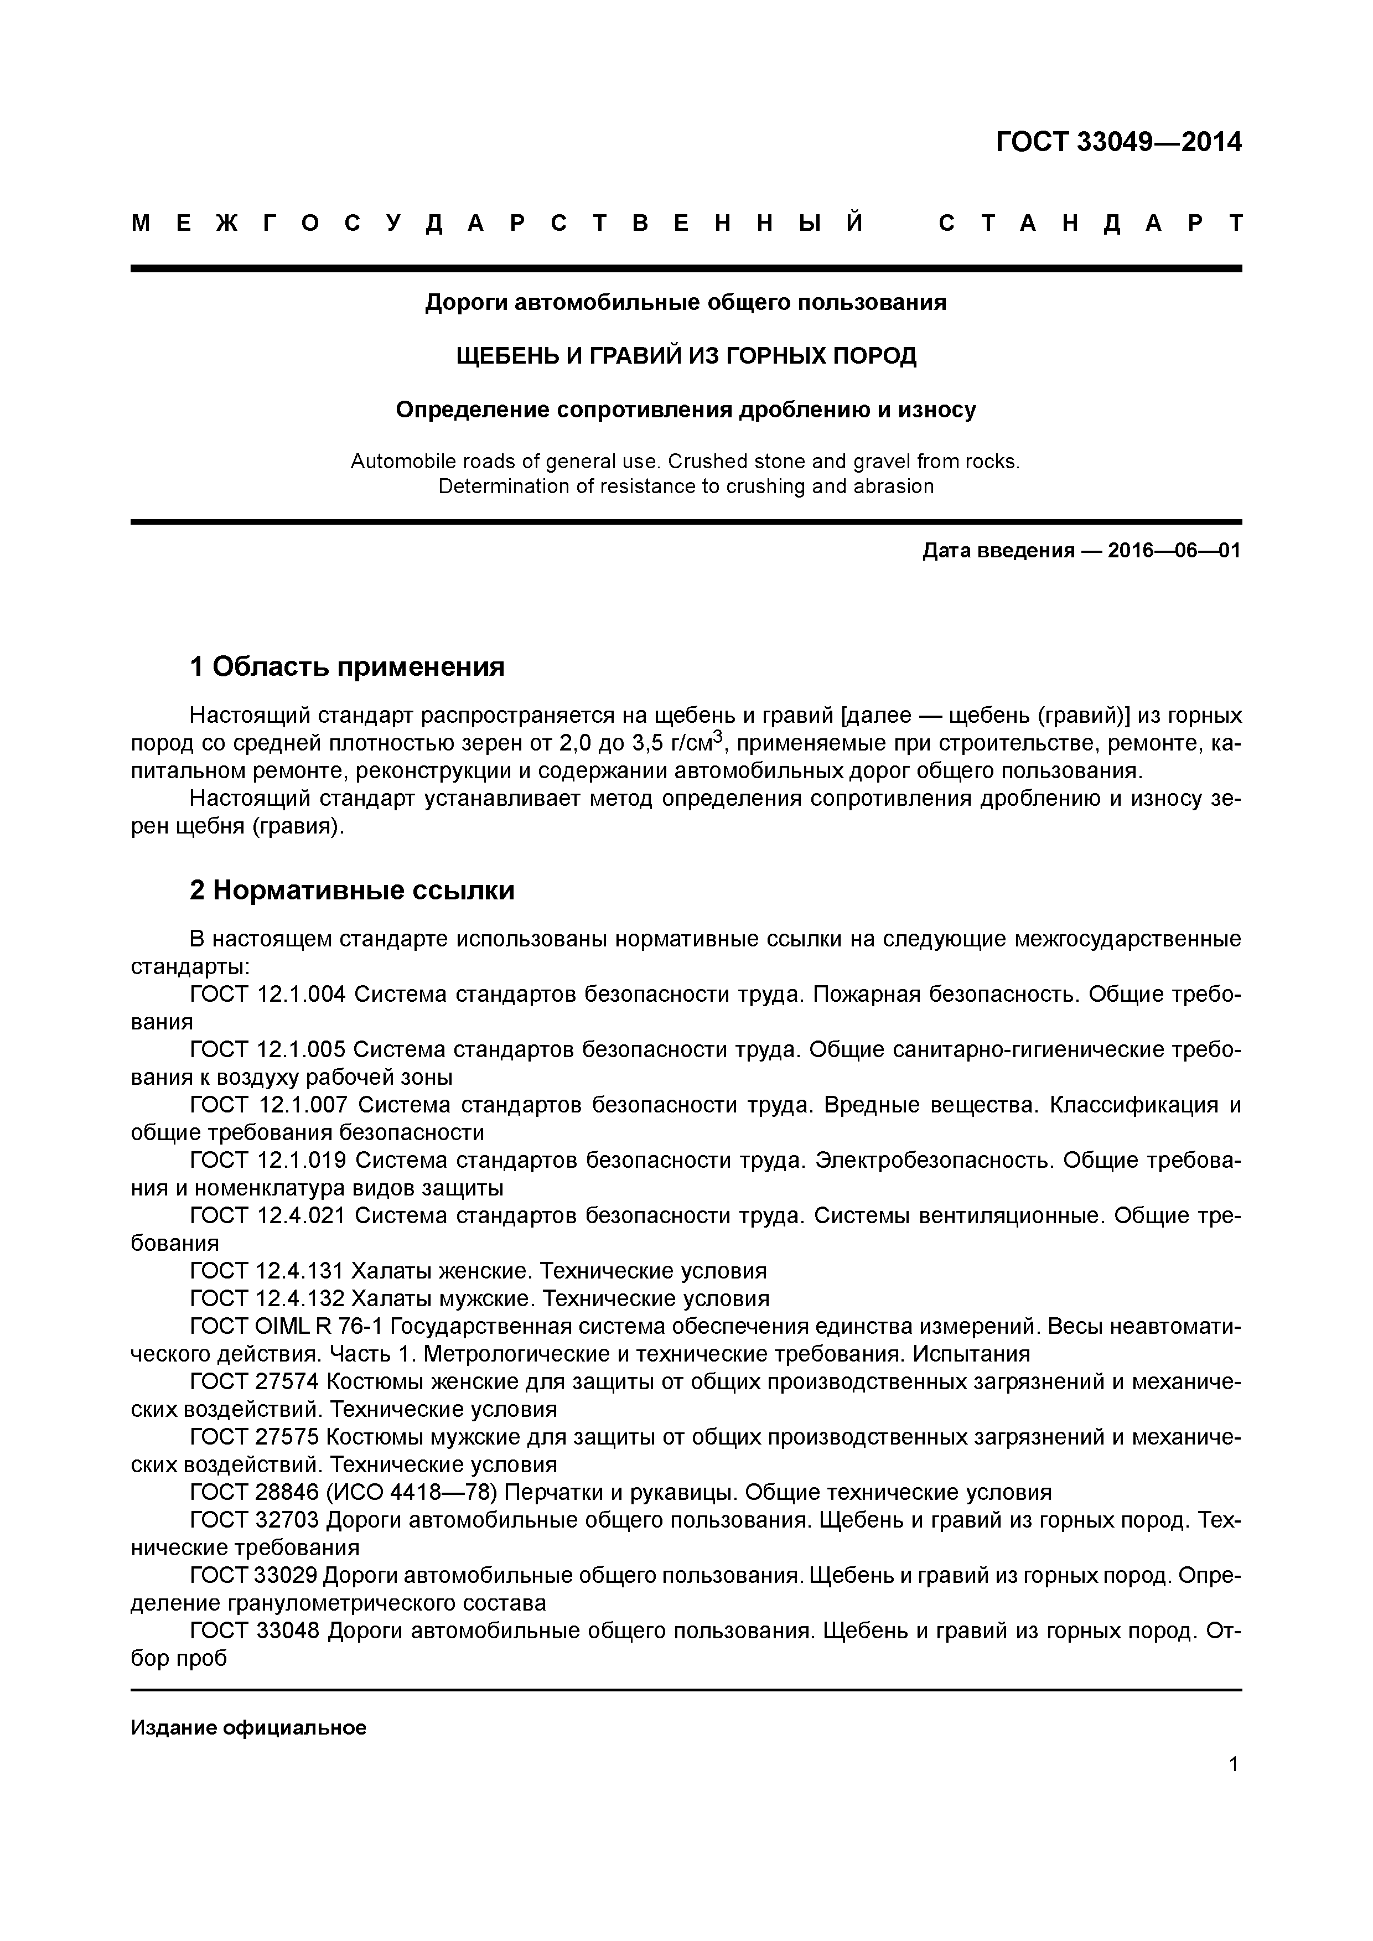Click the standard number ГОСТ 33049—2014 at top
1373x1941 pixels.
click(1118, 142)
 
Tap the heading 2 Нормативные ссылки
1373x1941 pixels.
click(352, 891)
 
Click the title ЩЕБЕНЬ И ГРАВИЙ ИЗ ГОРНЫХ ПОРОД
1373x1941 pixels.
click(686, 356)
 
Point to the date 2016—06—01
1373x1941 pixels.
click(1173, 551)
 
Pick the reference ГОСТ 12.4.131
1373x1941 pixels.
click(267, 1271)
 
